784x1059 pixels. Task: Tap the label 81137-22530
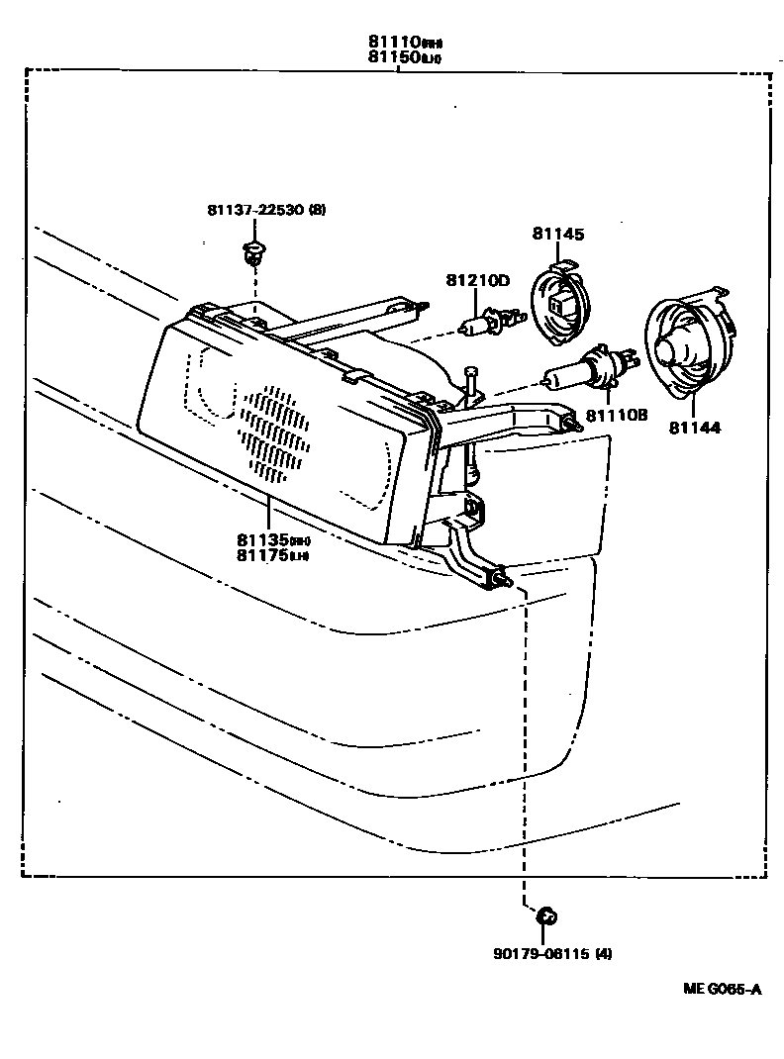click(255, 211)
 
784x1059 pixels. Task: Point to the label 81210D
click(476, 280)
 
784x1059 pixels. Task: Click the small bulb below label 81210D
click(484, 324)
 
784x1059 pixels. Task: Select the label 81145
click(557, 235)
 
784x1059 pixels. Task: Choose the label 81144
click(694, 428)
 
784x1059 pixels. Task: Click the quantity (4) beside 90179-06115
click(604, 954)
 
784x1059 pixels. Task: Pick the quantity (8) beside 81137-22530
click(318, 211)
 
